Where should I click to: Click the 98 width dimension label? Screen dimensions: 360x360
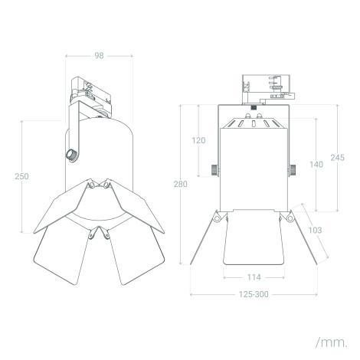coord(98,56)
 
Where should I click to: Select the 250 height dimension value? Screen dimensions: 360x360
coord(23,176)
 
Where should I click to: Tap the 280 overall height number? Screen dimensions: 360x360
coord(180,184)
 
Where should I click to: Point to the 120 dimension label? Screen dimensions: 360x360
coord(198,140)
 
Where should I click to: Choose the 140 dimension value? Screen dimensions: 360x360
coord(316,164)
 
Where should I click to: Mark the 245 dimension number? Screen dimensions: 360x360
coord(338,157)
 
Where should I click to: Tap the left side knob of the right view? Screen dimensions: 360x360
coord(212,169)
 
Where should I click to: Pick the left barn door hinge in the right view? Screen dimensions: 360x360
coord(218,219)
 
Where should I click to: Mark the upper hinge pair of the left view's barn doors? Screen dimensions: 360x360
coord(98,186)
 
